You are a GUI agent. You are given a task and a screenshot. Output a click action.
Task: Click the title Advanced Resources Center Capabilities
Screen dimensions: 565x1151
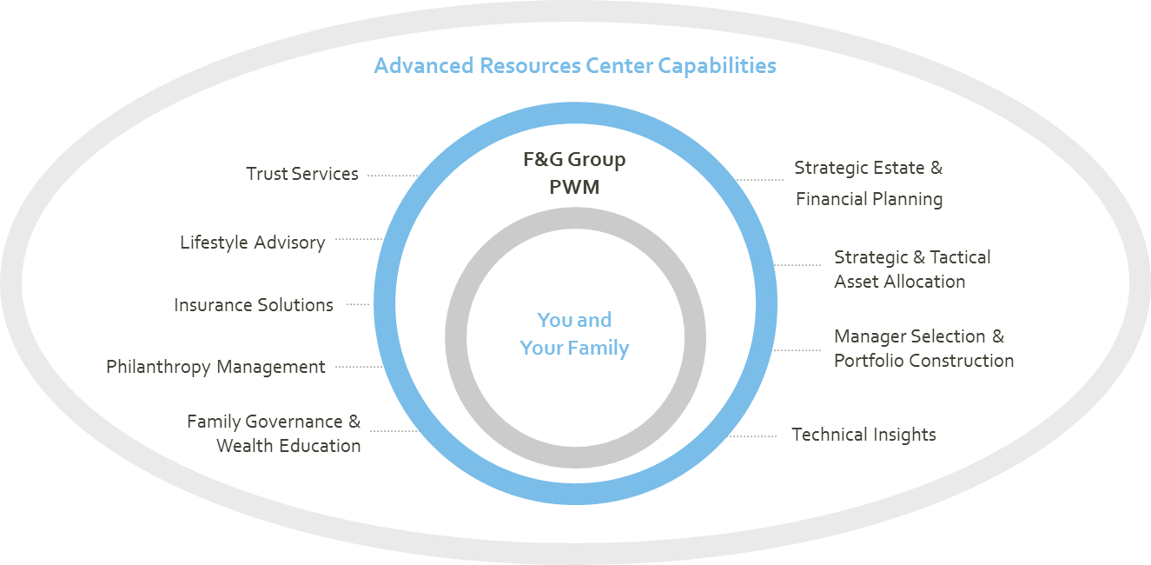pos(574,66)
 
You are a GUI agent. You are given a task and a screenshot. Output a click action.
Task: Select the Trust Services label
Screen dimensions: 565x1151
pos(302,174)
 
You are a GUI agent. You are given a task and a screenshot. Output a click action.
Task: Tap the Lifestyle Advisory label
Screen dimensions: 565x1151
pos(253,243)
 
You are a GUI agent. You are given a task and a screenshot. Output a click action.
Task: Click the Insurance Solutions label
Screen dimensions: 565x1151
pos(254,305)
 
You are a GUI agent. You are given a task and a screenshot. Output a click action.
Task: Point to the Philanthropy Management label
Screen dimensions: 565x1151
pos(215,367)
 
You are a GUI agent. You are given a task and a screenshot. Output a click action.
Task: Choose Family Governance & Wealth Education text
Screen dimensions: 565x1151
pos(275,433)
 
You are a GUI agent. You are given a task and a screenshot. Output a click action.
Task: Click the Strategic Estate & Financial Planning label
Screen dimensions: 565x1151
pos(869,183)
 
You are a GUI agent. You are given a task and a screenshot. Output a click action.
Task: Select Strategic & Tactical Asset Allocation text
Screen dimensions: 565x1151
pos(912,269)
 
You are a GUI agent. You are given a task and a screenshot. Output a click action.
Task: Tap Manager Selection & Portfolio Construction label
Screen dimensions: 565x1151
pos(923,348)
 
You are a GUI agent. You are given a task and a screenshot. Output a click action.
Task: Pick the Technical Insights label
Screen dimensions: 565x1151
pos(863,435)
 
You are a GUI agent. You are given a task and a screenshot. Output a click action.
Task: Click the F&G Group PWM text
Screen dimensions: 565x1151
pos(574,173)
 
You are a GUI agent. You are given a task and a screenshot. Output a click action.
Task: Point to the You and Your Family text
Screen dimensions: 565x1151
pos(574,334)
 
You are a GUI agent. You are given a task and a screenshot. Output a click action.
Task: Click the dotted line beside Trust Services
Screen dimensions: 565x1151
pos(391,176)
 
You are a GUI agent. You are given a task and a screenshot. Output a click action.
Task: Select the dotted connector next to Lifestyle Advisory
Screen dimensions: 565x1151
pos(359,239)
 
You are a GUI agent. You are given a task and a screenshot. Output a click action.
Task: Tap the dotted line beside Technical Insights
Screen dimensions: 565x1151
pos(754,435)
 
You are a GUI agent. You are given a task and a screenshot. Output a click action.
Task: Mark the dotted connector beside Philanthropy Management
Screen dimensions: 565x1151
pos(359,367)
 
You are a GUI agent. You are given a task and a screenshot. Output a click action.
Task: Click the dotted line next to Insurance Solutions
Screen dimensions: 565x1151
pos(358,305)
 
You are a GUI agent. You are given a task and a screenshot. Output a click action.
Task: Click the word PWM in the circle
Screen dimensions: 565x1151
pos(574,187)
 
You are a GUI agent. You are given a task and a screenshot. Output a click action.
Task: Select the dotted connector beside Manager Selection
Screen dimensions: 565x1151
pos(797,351)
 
